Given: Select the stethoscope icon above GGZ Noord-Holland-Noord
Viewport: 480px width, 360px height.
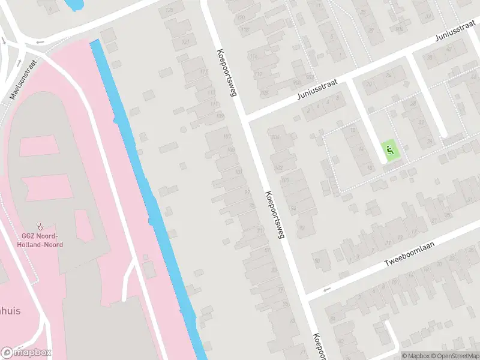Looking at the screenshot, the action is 40,226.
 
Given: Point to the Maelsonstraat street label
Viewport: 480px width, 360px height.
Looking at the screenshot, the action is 23,78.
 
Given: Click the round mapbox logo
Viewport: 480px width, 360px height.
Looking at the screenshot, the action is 8,353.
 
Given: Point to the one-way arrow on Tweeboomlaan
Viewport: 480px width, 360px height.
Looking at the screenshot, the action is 327,290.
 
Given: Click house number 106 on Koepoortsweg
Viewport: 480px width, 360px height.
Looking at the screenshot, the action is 275,138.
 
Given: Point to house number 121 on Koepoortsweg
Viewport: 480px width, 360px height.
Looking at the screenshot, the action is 185,42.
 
